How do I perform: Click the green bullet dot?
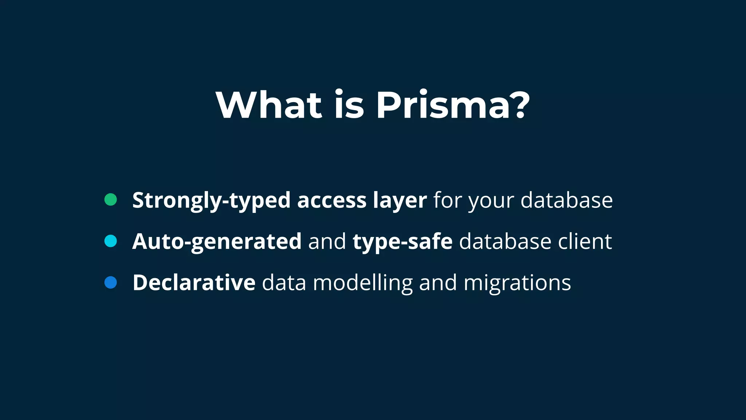pyautogui.click(x=110, y=199)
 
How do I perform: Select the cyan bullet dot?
pyautogui.click(x=110, y=241)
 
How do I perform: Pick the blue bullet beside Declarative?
pyautogui.click(x=110, y=283)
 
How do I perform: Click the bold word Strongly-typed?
pyautogui.click(x=211, y=201)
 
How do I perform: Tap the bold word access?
pyautogui.click(x=331, y=201)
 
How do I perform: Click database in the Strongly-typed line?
pyautogui.click(x=566, y=200)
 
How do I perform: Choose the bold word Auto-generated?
pyautogui.click(x=217, y=242)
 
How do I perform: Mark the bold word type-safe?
pyautogui.click(x=402, y=242)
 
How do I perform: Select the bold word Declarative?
pyautogui.click(x=194, y=283)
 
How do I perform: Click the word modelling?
pyautogui.click(x=362, y=283)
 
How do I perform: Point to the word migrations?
pyautogui.click(x=517, y=283)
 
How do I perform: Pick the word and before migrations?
pyautogui.click(x=438, y=283)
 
